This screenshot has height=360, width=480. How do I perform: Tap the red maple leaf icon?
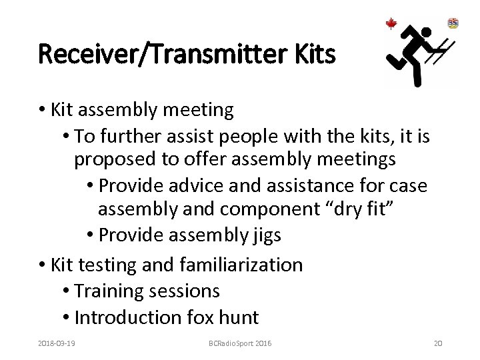coord(391,24)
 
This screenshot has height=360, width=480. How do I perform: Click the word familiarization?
coord(241,265)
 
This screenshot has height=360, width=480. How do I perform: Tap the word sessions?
coord(185,291)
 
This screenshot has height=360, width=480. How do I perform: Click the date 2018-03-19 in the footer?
coord(57,343)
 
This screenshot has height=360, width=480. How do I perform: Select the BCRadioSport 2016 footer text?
coord(239,343)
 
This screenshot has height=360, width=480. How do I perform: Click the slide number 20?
coord(438,343)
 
